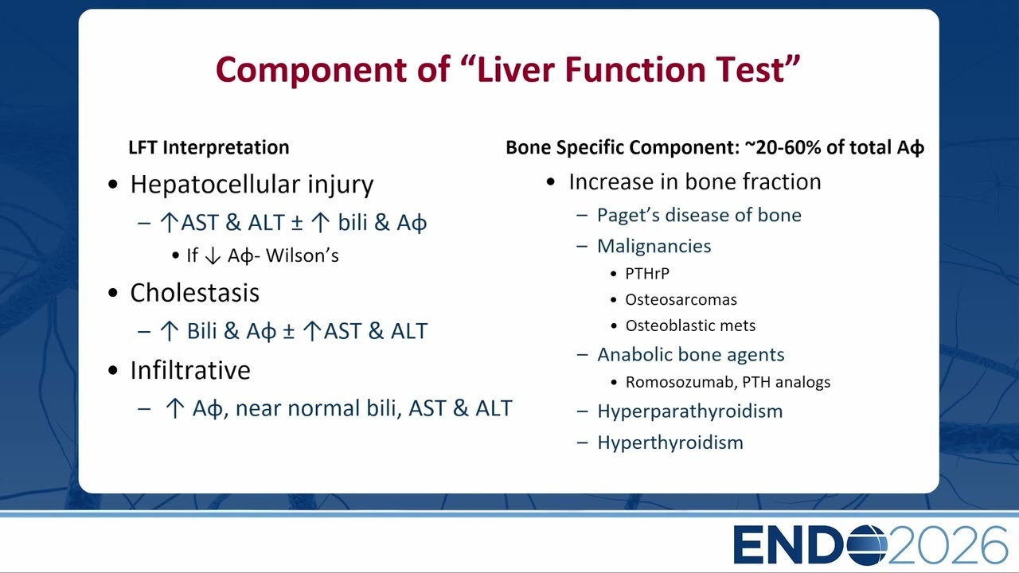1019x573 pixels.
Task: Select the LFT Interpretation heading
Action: tap(209, 147)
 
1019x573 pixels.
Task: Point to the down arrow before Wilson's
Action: tap(213, 256)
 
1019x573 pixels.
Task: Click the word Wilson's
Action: tap(303, 255)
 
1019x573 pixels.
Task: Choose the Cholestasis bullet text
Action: tap(195, 292)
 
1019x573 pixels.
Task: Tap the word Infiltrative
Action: tap(190, 370)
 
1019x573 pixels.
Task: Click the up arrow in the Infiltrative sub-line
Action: tap(174, 408)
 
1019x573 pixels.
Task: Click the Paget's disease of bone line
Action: tap(699, 215)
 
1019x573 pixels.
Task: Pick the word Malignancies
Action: tap(654, 246)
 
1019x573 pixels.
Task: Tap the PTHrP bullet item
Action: tap(647, 274)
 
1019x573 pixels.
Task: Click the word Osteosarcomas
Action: tap(681, 300)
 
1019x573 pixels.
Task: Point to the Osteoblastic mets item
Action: tap(690, 325)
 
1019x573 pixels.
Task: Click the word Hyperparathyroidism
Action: tap(690, 412)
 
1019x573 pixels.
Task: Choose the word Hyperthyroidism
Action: tap(670, 443)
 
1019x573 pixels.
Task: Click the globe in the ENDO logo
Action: tap(867, 545)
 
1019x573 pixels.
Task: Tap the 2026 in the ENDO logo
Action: tap(947, 545)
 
